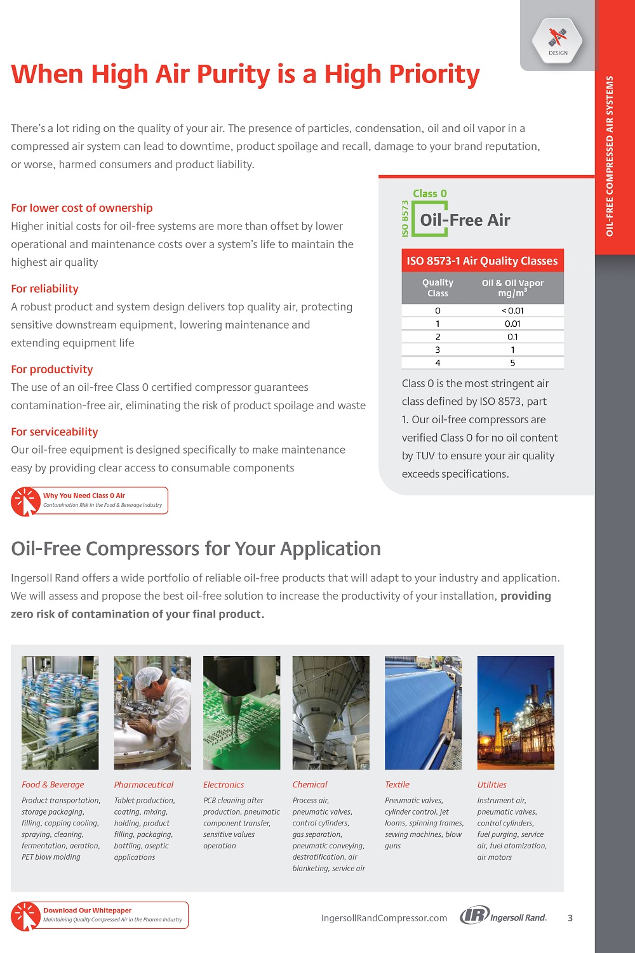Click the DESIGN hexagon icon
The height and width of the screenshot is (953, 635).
pos(557,40)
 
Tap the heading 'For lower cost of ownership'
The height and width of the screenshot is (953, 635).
pos(82,208)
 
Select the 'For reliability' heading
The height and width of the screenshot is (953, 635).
pos(44,289)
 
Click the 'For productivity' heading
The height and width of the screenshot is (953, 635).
pos(51,369)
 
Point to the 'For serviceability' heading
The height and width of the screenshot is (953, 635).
pos(55,432)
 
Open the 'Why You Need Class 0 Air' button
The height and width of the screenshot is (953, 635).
pos(90,501)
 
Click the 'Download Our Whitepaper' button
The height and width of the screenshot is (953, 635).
pos(100,915)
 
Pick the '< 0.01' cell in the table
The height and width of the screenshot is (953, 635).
pos(512,311)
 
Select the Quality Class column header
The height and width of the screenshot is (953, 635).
pos(438,287)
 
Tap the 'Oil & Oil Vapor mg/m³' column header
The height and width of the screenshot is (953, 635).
pos(512,287)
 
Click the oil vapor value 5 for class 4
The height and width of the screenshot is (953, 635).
pos(512,363)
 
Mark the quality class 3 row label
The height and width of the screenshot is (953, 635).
pos(438,350)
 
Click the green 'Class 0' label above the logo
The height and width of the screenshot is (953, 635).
pos(430,194)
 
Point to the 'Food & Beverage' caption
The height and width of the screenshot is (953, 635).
pos(53,785)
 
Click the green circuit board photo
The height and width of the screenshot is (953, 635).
pos(241,713)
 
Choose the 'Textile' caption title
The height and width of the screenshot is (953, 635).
pos(397,785)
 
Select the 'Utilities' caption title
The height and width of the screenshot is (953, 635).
pos(491,785)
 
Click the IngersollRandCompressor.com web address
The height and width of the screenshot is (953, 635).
pos(384,918)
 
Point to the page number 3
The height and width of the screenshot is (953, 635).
pos(570,918)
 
